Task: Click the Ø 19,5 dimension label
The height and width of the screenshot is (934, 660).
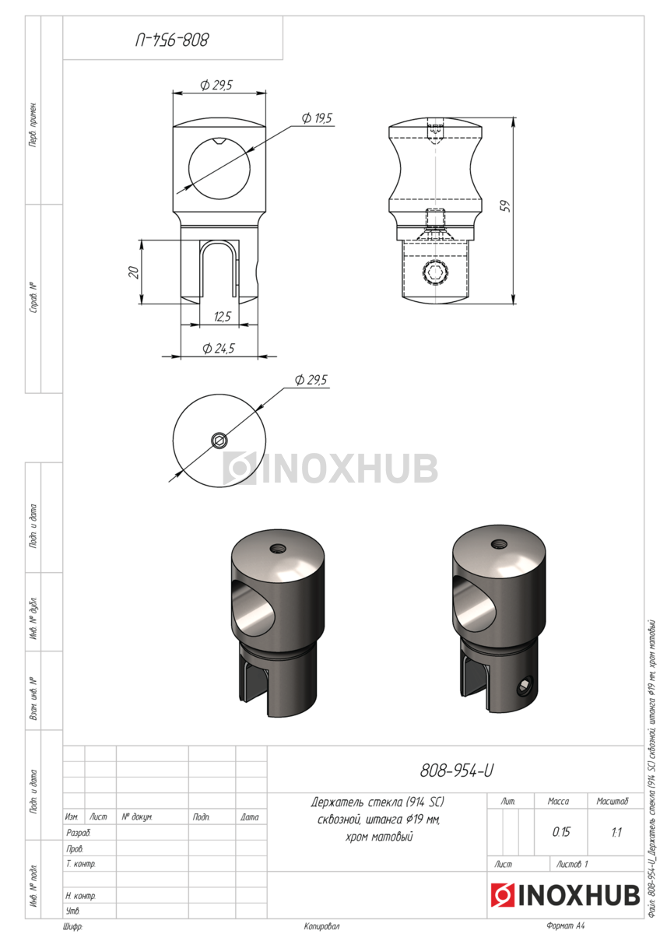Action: [317, 118]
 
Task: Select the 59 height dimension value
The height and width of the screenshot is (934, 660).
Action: [505, 206]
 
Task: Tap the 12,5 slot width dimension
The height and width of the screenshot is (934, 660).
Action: [223, 317]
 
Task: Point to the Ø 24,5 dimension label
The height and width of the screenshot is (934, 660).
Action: [219, 348]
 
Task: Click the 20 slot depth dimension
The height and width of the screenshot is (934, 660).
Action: [133, 272]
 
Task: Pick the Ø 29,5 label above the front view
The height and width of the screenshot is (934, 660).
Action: [216, 86]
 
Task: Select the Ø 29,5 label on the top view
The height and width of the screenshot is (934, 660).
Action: [311, 380]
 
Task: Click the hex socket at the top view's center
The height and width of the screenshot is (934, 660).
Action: [219, 440]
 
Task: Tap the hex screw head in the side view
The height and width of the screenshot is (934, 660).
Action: [436, 272]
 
